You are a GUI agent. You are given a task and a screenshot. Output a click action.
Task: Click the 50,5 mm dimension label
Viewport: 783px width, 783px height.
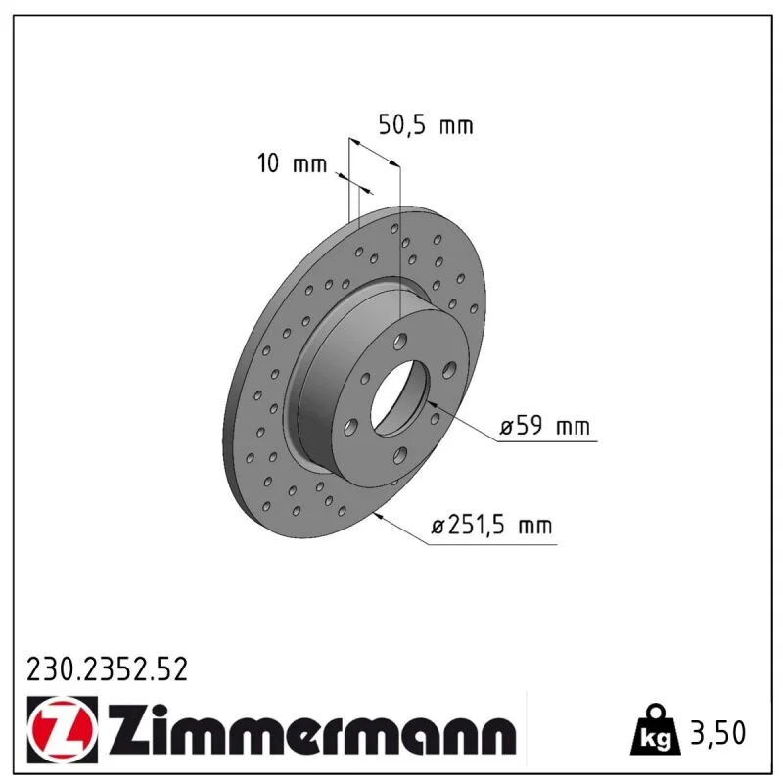click(x=426, y=125)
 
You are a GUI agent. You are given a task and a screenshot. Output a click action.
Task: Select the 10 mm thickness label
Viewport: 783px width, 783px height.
click(x=292, y=163)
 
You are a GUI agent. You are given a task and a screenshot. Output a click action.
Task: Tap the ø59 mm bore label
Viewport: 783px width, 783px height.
click(x=545, y=426)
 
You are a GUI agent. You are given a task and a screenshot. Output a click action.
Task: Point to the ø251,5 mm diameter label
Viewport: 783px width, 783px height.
click(x=492, y=526)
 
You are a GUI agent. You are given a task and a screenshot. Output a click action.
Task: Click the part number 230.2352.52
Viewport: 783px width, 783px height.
click(x=107, y=669)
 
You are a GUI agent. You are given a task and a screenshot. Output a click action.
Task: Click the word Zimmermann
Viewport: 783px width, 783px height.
click(x=312, y=729)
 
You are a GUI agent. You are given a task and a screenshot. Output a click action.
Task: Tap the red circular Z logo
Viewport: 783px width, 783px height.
click(x=63, y=729)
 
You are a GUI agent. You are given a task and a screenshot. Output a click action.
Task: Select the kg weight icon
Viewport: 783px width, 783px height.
click(x=655, y=731)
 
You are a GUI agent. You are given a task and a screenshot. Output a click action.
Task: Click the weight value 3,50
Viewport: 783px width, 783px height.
click(x=718, y=732)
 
